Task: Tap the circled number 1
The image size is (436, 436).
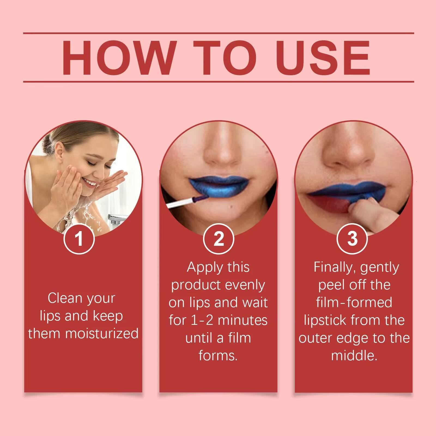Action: [79, 239]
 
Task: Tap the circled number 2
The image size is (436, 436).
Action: [219, 239]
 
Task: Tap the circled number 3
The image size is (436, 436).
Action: [352, 239]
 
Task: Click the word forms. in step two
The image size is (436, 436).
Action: [218, 356]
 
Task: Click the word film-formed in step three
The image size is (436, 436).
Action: [354, 302]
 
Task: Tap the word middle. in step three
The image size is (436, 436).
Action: [354, 356]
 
